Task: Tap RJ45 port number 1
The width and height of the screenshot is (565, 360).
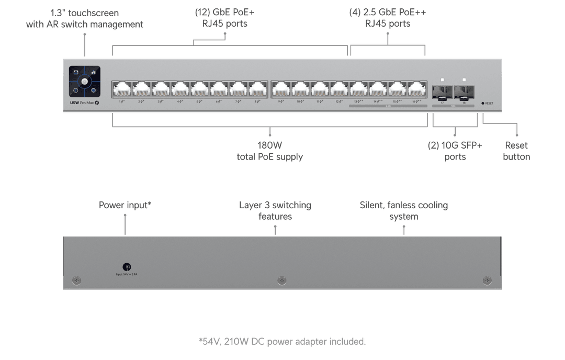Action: (122, 89)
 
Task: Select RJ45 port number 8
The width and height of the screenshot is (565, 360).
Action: (257, 89)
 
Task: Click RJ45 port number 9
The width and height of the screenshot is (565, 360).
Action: (281, 89)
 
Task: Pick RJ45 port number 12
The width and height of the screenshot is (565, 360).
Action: (339, 89)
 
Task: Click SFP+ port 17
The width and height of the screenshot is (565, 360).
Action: (443, 92)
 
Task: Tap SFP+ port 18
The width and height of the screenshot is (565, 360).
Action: (464, 92)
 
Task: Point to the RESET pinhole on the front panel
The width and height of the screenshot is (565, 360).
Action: (482, 103)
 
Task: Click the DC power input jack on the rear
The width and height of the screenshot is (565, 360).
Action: (126, 267)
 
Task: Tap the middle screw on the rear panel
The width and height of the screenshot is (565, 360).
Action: (282, 281)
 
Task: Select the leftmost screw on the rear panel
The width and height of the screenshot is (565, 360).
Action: (77, 281)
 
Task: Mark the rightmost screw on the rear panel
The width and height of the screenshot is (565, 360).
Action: (487, 281)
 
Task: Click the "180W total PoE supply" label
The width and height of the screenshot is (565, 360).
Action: (269, 151)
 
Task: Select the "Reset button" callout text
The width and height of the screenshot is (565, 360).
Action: (516, 151)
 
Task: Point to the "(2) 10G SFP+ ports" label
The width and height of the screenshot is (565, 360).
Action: (455, 151)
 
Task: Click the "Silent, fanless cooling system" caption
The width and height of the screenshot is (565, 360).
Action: (403, 210)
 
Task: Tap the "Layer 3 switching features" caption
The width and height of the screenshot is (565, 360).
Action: (275, 210)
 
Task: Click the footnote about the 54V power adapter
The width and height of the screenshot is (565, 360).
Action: (282, 342)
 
